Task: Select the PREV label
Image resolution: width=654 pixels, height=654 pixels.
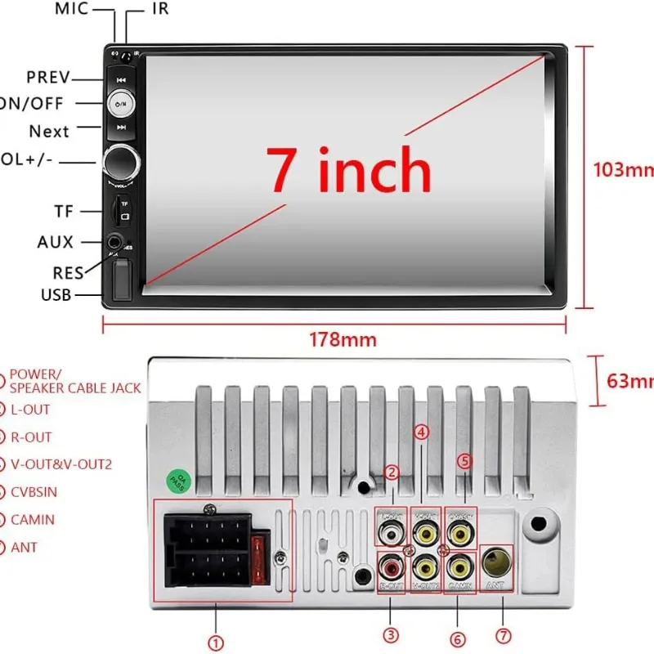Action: [49, 78]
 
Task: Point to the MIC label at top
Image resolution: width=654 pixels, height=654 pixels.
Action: [71, 9]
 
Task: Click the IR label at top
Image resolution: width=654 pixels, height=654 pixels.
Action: [160, 9]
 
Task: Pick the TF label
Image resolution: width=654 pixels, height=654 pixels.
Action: [65, 211]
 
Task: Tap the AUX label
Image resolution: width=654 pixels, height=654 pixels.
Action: [56, 242]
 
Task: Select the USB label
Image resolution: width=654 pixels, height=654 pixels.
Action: [56, 294]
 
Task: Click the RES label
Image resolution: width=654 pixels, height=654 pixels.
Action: [68, 273]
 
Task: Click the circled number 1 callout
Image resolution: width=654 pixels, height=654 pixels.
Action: [216, 643]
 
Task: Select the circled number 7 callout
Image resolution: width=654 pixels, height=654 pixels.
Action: [504, 635]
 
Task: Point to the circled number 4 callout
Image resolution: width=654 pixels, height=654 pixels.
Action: [421, 432]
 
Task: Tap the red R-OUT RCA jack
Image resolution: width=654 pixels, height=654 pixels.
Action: [391, 566]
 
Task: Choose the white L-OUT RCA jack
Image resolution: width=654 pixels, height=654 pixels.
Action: [392, 532]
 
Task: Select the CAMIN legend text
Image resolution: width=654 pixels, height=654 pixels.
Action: [33, 519]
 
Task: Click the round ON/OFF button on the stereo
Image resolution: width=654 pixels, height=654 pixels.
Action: [120, 104]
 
